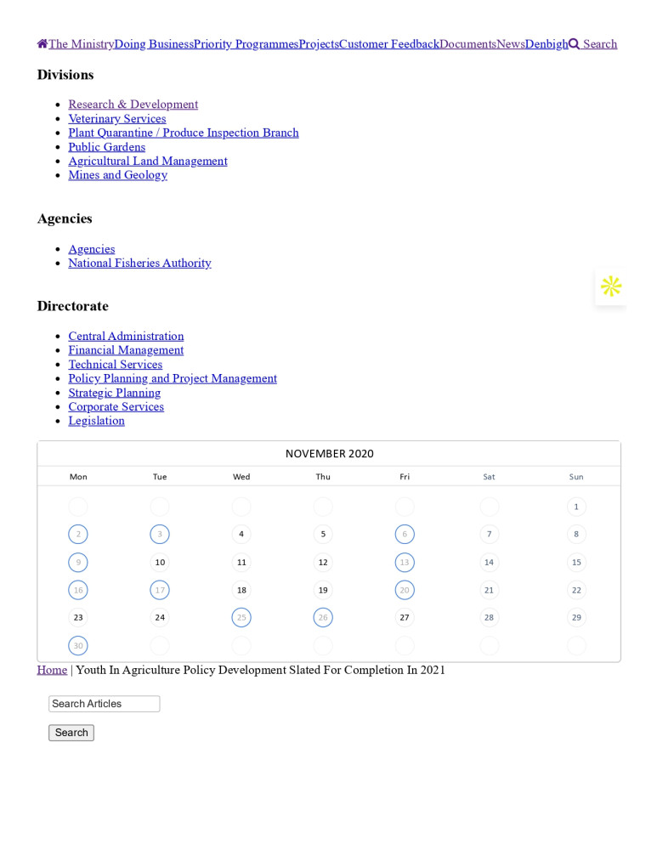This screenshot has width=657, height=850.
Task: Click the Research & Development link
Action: coord(133,105)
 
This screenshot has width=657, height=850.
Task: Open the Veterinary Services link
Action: coord(116,119)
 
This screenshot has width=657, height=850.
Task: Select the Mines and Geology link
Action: coord(117,175)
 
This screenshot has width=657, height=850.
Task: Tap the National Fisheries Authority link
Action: coord(139,263)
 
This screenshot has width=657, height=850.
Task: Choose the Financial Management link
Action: coord(126,350)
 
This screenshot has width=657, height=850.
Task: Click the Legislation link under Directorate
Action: coord(96,421)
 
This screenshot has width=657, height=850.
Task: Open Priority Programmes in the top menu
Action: coord(246,44)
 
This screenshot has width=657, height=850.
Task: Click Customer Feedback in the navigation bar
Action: coord(388,44)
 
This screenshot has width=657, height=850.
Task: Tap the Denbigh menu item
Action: coord(546,44)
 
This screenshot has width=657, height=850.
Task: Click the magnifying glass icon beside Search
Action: coord(574,44)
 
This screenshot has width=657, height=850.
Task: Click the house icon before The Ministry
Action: coord(42,44)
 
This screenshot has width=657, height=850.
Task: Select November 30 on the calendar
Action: coord(78,646)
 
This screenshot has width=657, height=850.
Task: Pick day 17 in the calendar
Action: coord(160,590)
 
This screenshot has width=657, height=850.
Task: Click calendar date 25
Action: coord(241,618)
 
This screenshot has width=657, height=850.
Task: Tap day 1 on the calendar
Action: coord(576,507)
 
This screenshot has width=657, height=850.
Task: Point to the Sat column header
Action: coord(489,477)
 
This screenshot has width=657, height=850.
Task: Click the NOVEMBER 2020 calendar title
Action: coord(329,454)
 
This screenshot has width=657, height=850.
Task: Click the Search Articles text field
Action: coord(104,704)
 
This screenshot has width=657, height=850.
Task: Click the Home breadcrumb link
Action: coord(52,670)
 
